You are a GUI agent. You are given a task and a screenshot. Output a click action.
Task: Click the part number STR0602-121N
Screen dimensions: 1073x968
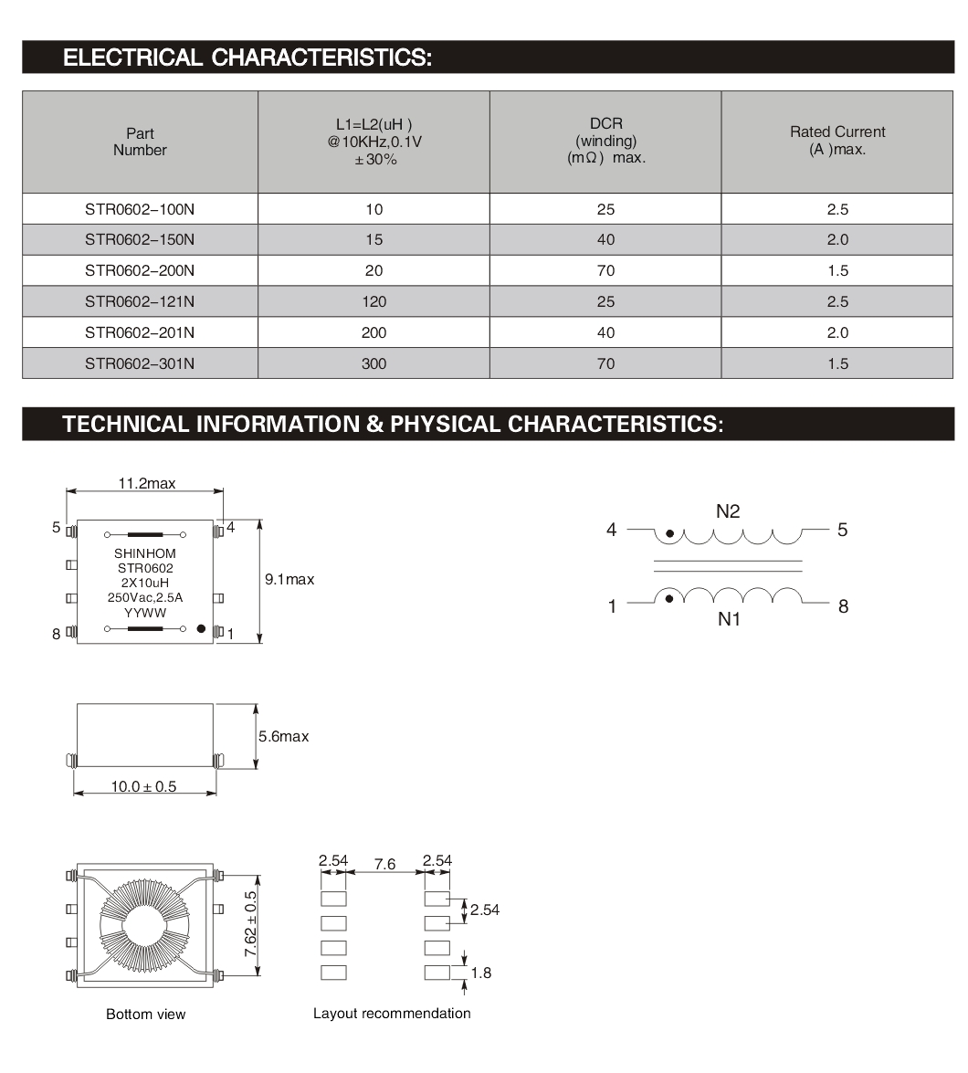(x=140, y=301)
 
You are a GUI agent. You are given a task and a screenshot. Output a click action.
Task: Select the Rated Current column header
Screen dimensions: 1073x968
(x=837, y=141)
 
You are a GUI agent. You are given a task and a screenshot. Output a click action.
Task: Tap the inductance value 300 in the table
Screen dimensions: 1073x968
(x=374, y=363)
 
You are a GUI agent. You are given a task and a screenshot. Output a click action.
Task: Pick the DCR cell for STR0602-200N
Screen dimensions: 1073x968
(x=605, y=270)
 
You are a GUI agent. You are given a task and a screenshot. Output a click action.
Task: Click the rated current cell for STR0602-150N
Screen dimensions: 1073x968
(x=837, y=239)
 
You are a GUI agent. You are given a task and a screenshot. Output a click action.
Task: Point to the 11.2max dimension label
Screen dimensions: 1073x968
(x=146, y=483)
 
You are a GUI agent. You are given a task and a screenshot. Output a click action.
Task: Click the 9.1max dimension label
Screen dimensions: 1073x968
(x=289, y=579)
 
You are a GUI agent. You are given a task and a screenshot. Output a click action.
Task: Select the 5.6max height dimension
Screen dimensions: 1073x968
(x=284, y=736)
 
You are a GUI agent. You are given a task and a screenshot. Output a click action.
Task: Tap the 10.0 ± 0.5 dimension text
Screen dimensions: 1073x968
(x=144, y=786)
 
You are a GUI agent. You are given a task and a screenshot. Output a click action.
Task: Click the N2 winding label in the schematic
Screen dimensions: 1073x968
(x=728, y=511)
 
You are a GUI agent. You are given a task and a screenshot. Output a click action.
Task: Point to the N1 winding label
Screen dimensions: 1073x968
(x=728, y=620)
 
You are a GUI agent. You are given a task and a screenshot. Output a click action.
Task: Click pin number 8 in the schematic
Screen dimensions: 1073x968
(x=843, y=606)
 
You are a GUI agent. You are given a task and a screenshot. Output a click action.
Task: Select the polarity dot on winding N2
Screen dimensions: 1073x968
(x=670, y=533)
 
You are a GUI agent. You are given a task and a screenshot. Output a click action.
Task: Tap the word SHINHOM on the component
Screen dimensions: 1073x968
(x=145, y=553)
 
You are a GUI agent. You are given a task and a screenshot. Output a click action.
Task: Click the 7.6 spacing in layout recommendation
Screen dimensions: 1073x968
(x=385, y=864)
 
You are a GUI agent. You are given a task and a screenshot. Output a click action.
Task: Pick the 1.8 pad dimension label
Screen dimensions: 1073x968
(x=480, y=973)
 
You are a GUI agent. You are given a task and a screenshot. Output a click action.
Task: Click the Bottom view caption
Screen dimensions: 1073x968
(x=145, y=1015)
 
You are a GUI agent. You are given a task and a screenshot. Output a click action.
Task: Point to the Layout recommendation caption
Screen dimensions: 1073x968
(x=392, y=1013)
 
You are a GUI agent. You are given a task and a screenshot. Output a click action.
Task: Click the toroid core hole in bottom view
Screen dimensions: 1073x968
(x=145, y=923)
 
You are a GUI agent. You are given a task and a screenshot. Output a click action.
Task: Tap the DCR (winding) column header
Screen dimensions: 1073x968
(x=605, y=141)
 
